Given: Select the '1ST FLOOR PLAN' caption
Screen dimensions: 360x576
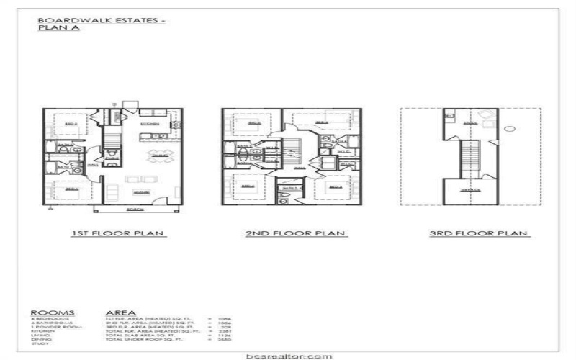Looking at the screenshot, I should click(117, 233).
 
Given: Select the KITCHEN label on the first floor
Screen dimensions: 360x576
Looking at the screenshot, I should click(150, 124).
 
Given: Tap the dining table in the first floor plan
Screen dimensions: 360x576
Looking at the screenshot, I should click(160, 156).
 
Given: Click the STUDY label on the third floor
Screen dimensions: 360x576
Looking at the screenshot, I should click(470, 123).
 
